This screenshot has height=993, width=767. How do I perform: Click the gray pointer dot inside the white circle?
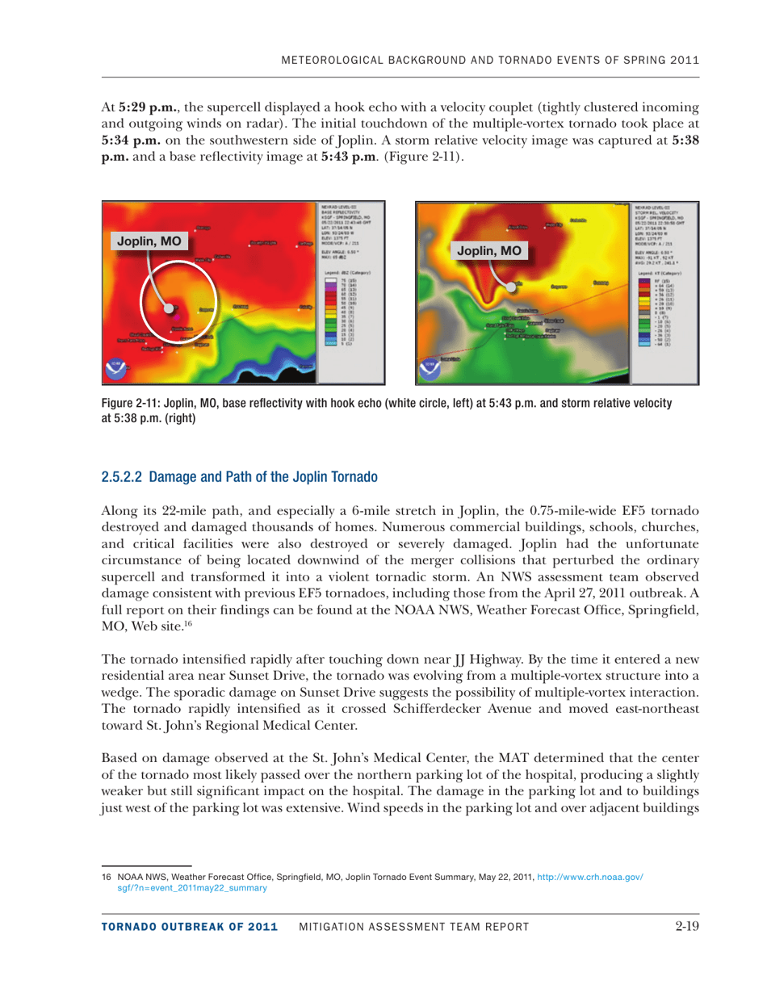pos(169,308)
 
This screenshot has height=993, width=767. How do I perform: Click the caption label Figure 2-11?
pos(132,402)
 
